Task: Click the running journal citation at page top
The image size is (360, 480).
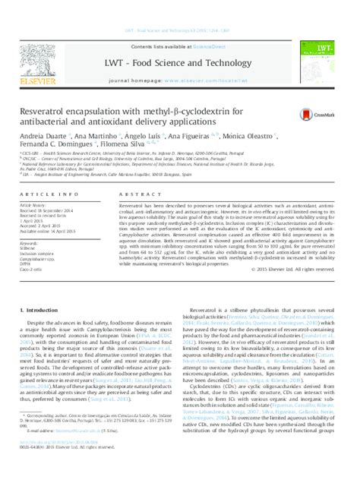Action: pos(180,8)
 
